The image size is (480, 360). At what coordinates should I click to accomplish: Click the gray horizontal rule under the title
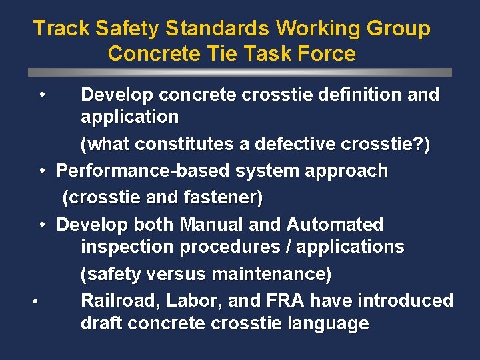240,72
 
